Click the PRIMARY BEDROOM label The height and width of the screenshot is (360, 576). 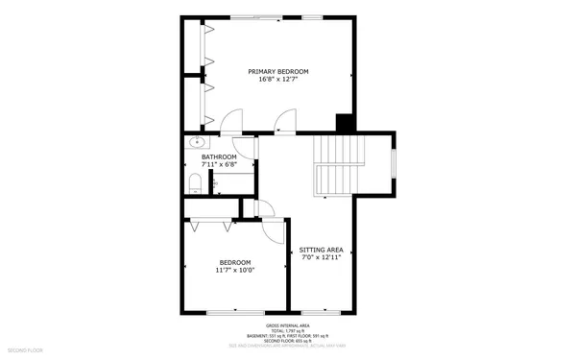(278, 72)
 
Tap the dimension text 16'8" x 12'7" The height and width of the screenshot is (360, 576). (278, 80)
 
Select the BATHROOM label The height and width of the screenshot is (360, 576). (219, 156)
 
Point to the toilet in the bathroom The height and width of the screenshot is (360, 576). (194, 182)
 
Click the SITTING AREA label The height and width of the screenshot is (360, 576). (322, 250)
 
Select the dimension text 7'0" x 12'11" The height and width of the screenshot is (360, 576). (322, 257)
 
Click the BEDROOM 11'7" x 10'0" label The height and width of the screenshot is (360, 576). (234, 266)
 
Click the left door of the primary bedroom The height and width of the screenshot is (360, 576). (230, 123)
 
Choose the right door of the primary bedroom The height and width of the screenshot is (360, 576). (283, 123)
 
